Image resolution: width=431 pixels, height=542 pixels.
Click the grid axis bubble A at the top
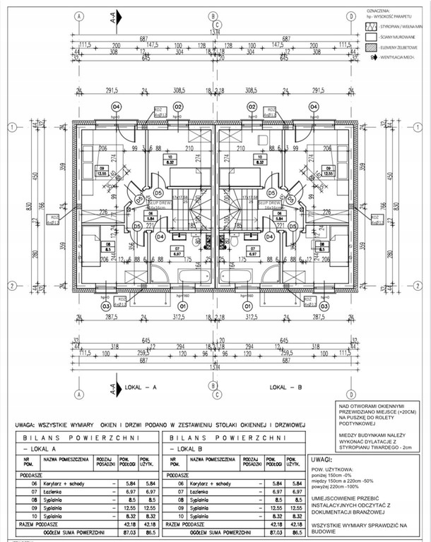click(79, 15)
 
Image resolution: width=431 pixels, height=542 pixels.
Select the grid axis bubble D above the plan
click(351, 15)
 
